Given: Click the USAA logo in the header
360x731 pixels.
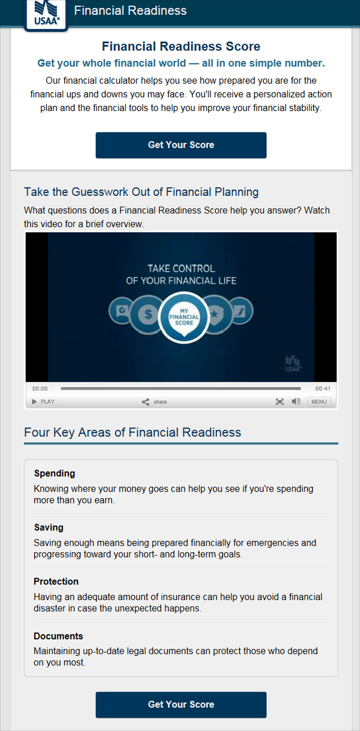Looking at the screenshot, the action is tap(46, 15).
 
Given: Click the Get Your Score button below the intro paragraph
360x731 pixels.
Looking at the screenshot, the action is tap(181, 145).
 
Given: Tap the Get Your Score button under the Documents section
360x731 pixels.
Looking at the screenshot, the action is tap(181, 704).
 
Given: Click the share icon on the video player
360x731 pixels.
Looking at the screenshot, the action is tap(145, 402).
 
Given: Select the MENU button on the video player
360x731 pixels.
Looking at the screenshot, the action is tap(319, 402).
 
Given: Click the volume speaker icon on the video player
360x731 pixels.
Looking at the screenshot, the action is tap(296, 401).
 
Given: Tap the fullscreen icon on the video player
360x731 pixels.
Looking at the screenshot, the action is tap(280, 402).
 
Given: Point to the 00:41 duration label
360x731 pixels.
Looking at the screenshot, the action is tap(323, 389).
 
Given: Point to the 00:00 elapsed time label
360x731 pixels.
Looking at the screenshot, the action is tap(40, 389).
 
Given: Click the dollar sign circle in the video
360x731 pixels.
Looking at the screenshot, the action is tap(148, 314).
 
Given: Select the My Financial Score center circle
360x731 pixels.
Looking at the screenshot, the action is tap(184, 317).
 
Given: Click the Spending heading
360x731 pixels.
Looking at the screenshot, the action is tap(54, 473).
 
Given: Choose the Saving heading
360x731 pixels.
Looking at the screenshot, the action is tap(49, 527).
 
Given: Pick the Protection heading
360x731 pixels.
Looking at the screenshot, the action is tap(56, 581).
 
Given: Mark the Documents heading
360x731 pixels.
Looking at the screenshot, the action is tap(58, 636).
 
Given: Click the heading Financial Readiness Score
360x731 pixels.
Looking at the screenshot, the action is tap(181, 46).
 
